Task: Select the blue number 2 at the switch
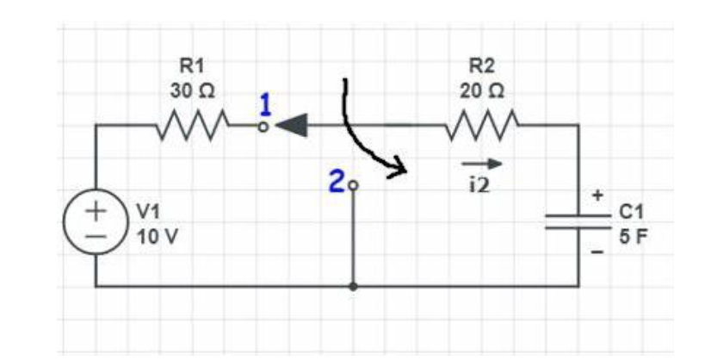click(x=337, y=181)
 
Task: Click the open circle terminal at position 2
click(x=352, y=183)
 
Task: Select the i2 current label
click(x=477, y=183)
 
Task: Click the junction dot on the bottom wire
click(x=353, y=286)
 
